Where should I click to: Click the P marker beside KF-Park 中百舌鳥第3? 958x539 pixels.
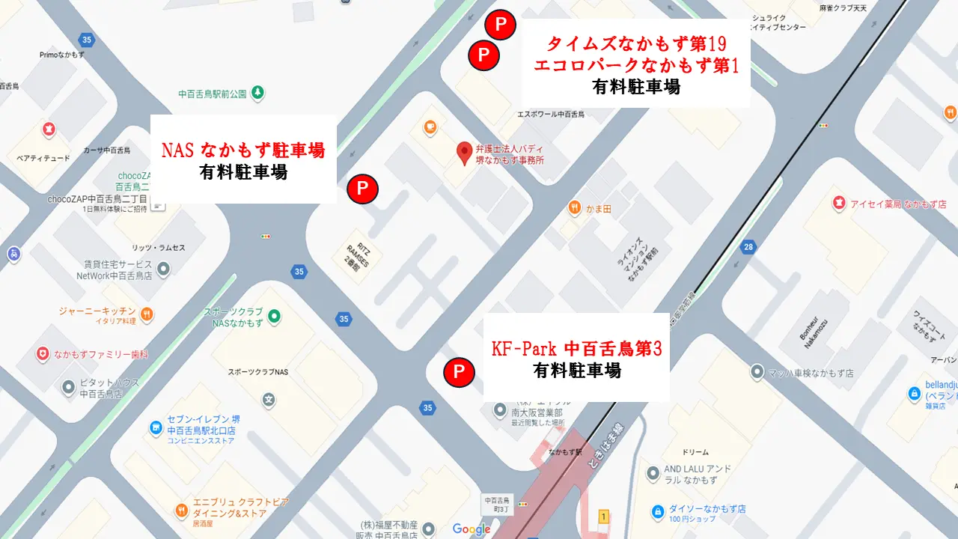(x=459, y=372)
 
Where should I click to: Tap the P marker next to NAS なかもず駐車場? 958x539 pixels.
(x=363, y=189)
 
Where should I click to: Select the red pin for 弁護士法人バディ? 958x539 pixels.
(x=464, y=152)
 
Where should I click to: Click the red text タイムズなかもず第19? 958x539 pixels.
(x=637, y=43)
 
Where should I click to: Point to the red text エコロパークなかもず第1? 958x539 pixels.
(x=637, y=65)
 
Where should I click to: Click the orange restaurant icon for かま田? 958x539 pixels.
(x=574, y=207)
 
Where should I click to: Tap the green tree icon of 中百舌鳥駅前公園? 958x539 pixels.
(x=257, y=93)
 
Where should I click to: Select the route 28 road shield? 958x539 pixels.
(x=748, y=248)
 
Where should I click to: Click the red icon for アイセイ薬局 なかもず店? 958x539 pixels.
(x=839, y=203)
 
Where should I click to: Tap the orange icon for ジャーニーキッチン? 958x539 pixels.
(x=147, y=314)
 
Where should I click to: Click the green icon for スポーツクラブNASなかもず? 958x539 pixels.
(x=274, y=317)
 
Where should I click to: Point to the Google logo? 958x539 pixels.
(x=472, y=529)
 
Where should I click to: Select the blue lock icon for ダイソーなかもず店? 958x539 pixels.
(x=658, y=512)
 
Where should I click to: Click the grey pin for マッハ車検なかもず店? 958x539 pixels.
(x=757, y=372)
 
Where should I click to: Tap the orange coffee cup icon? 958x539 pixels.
(x=431, y=127)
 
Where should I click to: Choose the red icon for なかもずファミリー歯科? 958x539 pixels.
(x=43, y=353)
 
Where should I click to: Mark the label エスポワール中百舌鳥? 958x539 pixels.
(x=551, y=115)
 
